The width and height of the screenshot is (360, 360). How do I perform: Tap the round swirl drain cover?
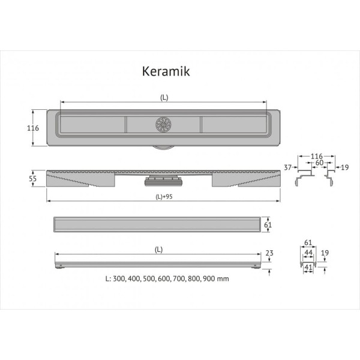[164, 124]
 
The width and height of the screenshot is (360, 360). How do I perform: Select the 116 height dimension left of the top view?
[34, 128]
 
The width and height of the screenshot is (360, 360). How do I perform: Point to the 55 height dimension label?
[34, 178]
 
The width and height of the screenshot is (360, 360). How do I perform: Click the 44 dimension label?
[308, 253]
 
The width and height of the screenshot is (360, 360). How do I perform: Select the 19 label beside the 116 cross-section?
[345, 168]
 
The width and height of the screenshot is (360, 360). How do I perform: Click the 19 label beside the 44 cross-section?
[324, 253]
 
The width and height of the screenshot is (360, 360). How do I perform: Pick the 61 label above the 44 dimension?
[308, 242]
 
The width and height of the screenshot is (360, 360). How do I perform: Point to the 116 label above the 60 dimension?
[317, 155]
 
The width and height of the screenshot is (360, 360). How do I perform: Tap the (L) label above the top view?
[163, 96]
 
